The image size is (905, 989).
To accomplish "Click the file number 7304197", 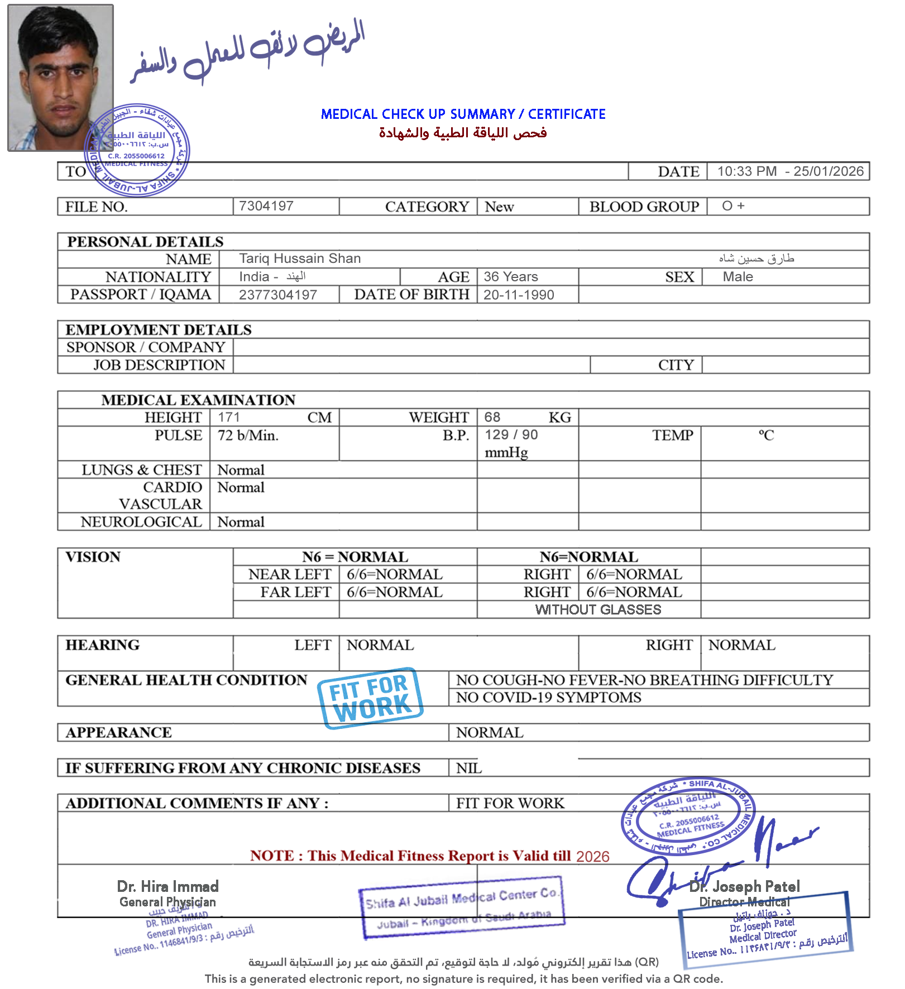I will [x=266, y=206].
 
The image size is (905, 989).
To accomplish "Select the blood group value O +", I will [x=733, y=206].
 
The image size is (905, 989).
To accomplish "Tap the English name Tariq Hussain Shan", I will [x=300, y=258].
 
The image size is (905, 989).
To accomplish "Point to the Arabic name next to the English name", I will [x=756, y=258].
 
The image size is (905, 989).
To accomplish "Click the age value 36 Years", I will [x=511, y=277].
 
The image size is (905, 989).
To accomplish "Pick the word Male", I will [x=738, y=277].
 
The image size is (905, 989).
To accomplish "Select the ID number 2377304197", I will [x=278, y=295].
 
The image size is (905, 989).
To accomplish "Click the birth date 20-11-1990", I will [x=519, y=295].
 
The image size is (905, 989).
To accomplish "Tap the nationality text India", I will [x=254, y=277].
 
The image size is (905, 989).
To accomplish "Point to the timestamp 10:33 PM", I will [x=747, y=171].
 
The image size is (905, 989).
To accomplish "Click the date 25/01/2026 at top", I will [x=829, y=171].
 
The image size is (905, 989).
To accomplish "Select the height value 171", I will [x=229, y=417].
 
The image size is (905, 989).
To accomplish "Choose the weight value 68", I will [x=492, y=417].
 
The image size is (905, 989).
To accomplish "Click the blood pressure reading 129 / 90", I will [x=511, y=435].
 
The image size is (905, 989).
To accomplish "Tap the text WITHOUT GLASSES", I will [x=598, y=609].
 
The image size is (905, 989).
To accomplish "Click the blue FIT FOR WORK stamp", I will [x=370, y=698].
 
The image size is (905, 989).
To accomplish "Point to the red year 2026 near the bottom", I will [x=592, y=857].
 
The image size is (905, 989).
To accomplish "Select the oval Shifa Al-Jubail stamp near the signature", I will [x=688, y=817].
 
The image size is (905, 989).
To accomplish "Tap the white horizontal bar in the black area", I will [x=616, y=400].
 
